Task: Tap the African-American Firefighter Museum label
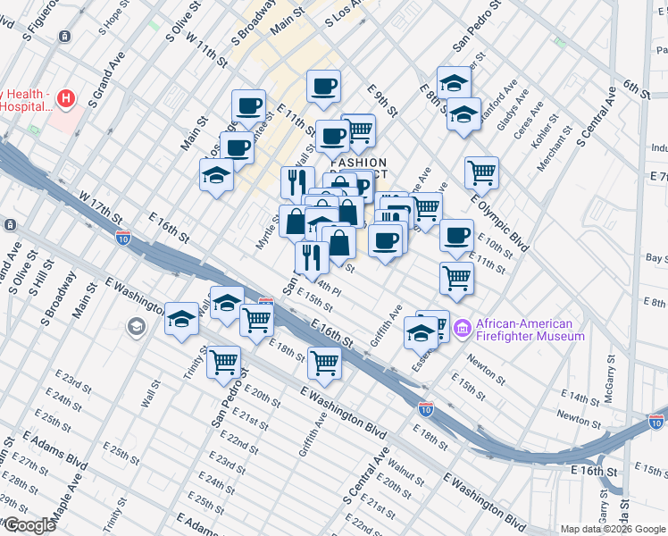coord(530,330)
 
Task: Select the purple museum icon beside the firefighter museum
coord(463,330)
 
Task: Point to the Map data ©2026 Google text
coord(612,529)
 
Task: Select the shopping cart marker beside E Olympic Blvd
coord(481,171)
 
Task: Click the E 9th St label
coord(381,100)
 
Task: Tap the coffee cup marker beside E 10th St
coord(456,235)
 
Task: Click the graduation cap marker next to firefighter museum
coord(420,332)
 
